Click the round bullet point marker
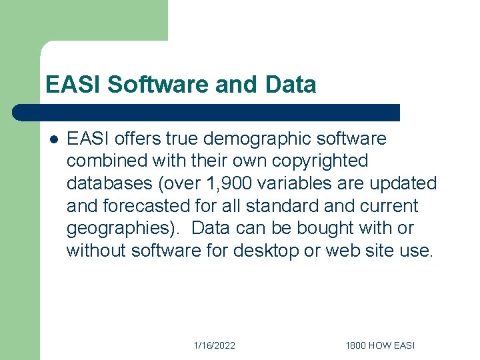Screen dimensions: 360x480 point(53,139)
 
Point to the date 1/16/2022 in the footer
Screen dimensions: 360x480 point(214,345)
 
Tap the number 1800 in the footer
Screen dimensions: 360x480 point(357,345)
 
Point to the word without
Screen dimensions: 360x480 point(96,250)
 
